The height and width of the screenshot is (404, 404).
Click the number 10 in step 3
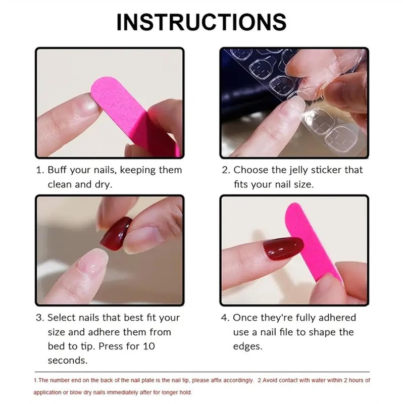[149, 346]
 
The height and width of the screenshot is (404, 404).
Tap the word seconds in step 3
[68, 361]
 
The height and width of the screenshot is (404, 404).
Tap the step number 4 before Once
[225, 318]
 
